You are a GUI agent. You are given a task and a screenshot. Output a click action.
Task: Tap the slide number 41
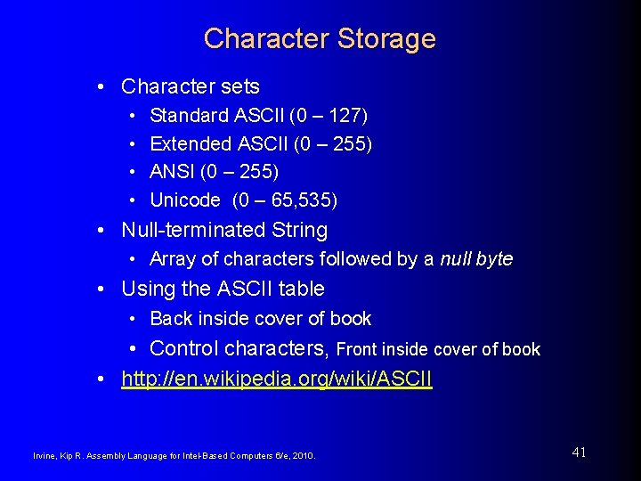(x=579, y=452)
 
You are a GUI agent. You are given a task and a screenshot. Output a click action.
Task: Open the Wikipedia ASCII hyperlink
(x=277, y=379)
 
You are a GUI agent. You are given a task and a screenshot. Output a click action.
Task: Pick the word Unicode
(x=185, y=200)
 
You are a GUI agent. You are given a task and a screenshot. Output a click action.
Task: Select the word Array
(x=171, y=259)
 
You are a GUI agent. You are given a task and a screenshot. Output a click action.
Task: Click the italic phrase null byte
(x=476, y=259)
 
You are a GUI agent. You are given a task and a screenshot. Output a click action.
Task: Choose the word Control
(x=185, y=348)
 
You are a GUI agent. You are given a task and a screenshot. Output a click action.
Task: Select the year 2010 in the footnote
(x=302, y=456)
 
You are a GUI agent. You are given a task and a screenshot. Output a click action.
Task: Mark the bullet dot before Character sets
(x=104, y=86)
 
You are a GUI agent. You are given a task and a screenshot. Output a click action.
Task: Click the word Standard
(x=189, y=116)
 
